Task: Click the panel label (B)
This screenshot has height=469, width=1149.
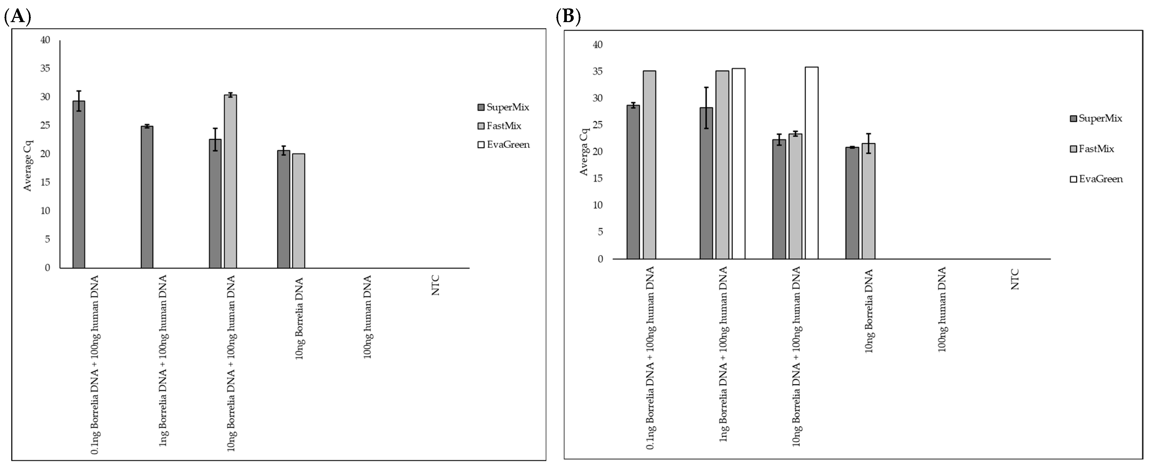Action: click(568, 17)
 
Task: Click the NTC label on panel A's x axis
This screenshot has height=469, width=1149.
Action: click(435, 285)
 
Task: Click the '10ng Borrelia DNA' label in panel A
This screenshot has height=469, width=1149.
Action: click(299, 318)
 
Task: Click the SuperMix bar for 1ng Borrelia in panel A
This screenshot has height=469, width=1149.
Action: click(147, 197)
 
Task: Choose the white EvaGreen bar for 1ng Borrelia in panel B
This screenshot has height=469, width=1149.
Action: click(738, 164)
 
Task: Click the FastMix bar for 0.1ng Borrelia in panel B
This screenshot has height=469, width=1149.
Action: click(649, 165)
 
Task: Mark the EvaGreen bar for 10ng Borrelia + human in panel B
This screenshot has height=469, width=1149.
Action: click(811, 163)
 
